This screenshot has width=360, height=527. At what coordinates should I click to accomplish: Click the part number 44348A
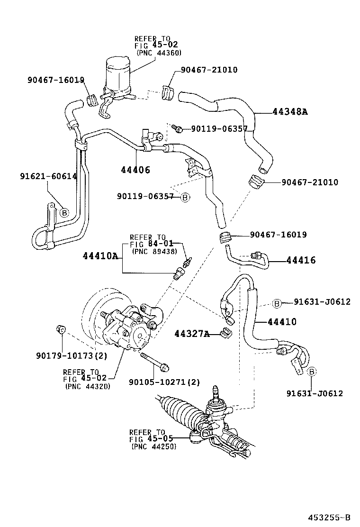click(290, 112)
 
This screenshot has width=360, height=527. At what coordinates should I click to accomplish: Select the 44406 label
click(135, 170)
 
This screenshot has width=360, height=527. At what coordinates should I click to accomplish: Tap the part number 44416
click(301, 260)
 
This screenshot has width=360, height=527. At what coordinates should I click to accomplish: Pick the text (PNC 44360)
click(159, 53)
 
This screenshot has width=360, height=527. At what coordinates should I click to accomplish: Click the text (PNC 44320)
click(88, 386)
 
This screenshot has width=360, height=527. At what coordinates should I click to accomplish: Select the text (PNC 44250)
click(153, 446)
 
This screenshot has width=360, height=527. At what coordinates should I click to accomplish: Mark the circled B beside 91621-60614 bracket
click(63, 213)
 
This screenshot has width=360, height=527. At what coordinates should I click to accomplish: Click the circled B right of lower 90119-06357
click(185, 197)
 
